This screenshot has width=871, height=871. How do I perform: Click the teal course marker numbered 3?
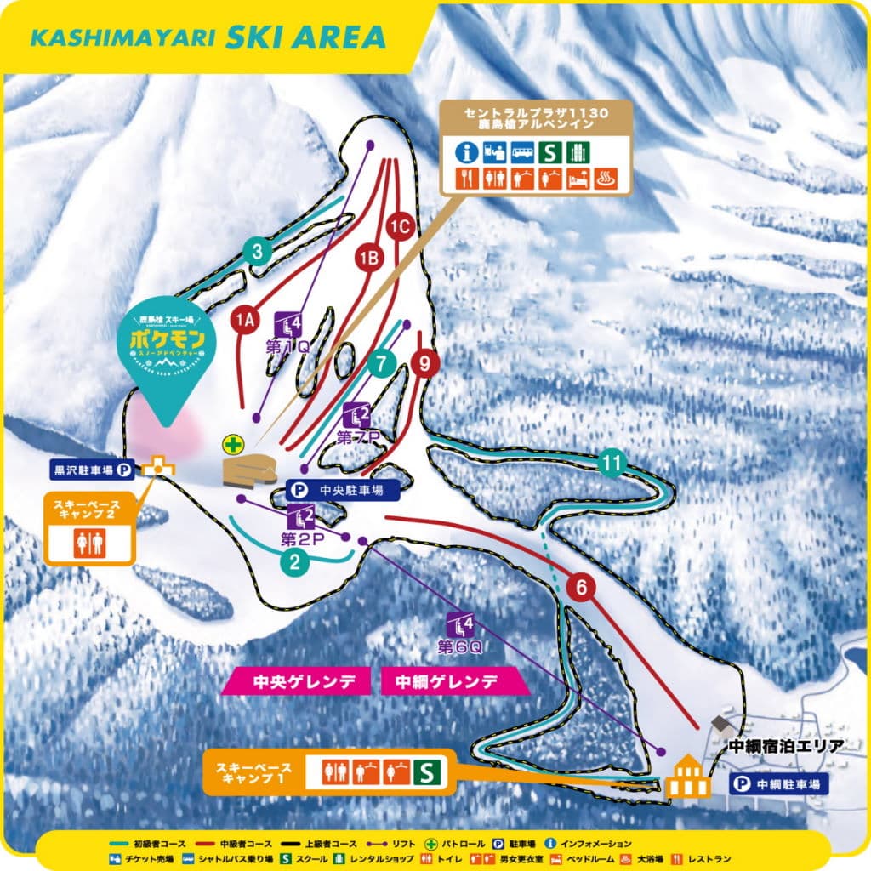click(x=257, y=251)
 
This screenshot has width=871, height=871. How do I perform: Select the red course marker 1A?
click(x=245, y=320)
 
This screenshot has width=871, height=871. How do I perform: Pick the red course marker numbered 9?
click(x=424, y=363)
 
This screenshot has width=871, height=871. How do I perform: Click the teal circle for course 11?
click(x=611, y=464)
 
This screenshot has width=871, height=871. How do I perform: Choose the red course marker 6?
click(x=582, y=586)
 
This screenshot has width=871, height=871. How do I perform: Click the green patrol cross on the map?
click(x=231, y=443)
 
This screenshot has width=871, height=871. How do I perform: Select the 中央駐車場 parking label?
click(x=346, y=490)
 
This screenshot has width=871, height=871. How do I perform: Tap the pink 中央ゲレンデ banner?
click(x=297, y=681)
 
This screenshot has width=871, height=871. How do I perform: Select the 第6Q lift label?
click(x=460, y=646)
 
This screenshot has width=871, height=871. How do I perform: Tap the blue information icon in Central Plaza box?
click(x=464, y=151)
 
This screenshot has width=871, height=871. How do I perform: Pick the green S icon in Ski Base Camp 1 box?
click(x=427, y=772)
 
